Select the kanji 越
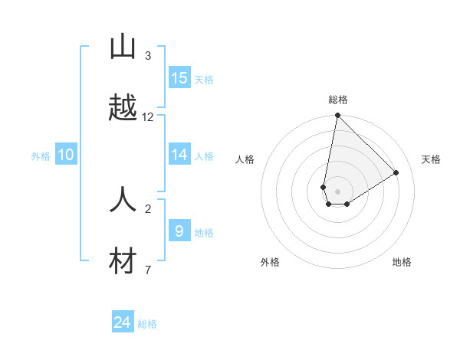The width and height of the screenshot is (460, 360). pos(123,108)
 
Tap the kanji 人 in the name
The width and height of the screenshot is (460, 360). pos(123,200)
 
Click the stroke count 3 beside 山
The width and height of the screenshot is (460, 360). pos(148,56)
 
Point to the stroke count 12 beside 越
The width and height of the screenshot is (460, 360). pos(148,117)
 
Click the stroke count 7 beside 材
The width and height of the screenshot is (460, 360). pos(148,270)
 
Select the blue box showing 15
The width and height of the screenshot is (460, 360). pos(179,78)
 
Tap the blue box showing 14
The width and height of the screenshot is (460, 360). pos(179,155)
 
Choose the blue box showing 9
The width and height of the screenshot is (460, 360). pos(179,231)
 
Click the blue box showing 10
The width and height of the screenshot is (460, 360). pos(66,155)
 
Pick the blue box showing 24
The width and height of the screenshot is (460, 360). pos(123,322)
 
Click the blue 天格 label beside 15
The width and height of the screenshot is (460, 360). pos(204,79)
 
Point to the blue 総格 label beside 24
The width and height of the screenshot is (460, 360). pos(147,324)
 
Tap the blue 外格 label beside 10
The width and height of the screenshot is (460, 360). pos(41,155)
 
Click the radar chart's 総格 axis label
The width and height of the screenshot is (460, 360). pos(337,100)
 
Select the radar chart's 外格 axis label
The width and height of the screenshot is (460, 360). pos(270,262)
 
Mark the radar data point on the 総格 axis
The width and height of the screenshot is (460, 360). pos(337,116)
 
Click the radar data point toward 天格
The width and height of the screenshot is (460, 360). pos(396,172)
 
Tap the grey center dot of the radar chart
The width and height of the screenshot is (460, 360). pos(337,191)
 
